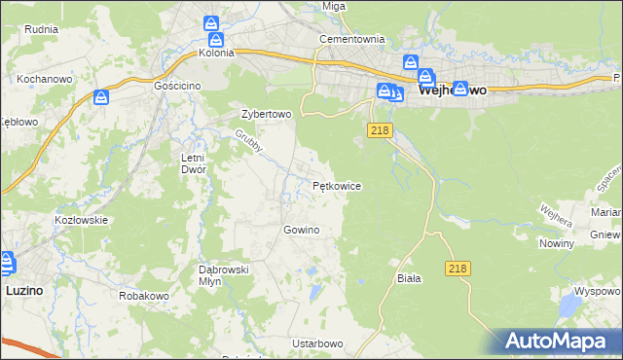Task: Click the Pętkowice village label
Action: click(x=337, y=185)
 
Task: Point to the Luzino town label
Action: click(x=23, y=290)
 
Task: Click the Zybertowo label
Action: click(x=267, y=114)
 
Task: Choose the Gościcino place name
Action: click(x=177, y=86)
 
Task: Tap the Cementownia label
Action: click(x=352, y=40)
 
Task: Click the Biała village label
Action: click(x=409, y=278)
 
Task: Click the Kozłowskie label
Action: click(x=80, y=220)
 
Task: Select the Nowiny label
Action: click(x=556, y=244)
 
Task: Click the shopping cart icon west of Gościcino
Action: click(x=100, y=97)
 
